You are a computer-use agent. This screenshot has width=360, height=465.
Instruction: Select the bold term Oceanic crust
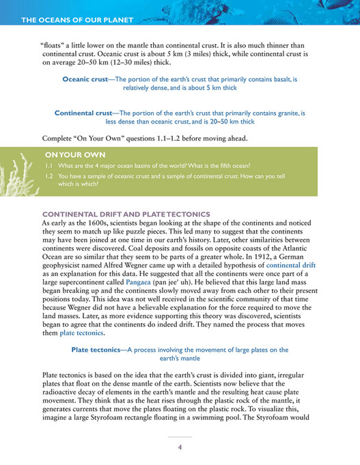click(x=85, y=80)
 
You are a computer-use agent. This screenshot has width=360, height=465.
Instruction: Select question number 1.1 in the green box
click(x=49, y=166)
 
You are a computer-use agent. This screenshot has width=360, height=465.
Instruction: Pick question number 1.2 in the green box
click(x=49, y=175)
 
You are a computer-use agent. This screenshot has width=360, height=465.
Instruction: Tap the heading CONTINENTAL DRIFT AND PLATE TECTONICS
click(x=126, y=214)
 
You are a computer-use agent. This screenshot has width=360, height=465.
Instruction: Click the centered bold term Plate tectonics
click(x=95, y=349)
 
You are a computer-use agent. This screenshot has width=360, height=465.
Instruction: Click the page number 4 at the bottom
click(x=180, y=447)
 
